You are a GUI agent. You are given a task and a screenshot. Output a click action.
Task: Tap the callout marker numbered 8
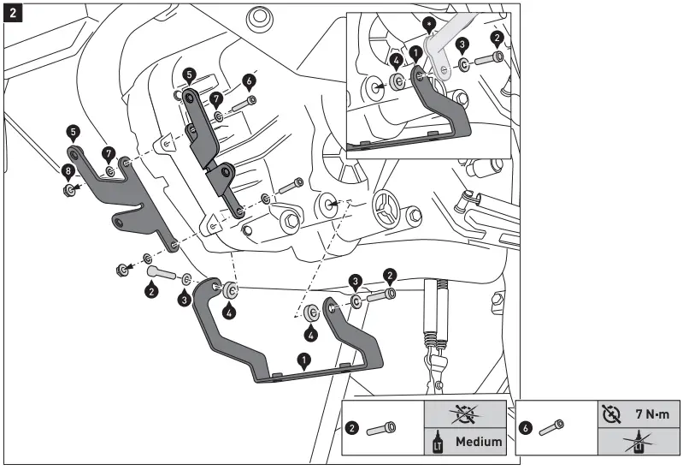68,171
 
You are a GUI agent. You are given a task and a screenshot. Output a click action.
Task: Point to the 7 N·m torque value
651,413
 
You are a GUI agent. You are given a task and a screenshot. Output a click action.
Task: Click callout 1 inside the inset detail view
415,52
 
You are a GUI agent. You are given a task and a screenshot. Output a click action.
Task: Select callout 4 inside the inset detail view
396,61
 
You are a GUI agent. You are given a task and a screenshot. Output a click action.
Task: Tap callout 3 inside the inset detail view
462,44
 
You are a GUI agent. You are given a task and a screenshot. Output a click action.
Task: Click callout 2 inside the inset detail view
498,37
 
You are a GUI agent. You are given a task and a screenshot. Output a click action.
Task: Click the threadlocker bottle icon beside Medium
440,443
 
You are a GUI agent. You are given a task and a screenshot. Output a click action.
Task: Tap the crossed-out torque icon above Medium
468,413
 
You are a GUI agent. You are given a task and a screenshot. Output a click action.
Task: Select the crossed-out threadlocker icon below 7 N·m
638,442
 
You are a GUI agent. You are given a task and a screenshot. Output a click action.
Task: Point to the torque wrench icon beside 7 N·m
610,413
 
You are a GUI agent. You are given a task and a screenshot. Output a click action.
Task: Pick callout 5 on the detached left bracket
74,133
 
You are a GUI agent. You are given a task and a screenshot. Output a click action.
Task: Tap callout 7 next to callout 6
218,99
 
